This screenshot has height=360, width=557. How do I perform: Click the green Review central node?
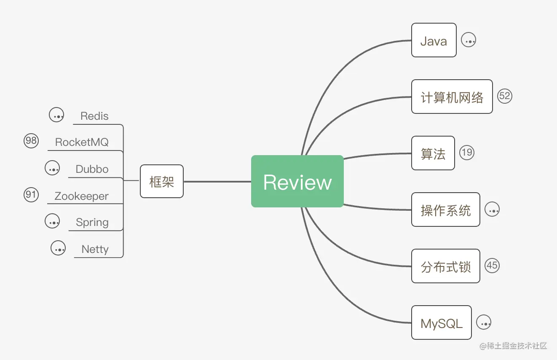point(297,181)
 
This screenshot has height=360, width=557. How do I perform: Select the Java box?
point(434,40)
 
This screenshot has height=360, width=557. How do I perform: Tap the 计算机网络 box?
point(452,97)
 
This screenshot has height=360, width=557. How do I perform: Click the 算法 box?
point(433,153)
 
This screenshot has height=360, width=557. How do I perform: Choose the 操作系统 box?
point(446,210)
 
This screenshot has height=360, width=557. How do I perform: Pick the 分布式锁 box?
point(446,266)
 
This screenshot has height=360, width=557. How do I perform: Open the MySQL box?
point(442,322)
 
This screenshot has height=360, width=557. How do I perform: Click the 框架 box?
point(162,181)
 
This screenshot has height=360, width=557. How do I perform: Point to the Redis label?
point(94,116)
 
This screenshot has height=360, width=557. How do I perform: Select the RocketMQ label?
point(82,142)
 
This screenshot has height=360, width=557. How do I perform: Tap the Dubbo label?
point(92,169)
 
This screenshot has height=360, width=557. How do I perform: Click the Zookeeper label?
point(82,196)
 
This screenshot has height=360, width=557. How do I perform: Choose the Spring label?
point(92,222)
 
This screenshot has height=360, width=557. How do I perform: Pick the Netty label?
point(95,249)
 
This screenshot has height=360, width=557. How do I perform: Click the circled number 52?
point(504,96)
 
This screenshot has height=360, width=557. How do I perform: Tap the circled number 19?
point(467,153)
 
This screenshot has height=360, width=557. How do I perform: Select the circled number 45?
point(492,266)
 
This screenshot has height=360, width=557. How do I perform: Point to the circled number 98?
point(31,140)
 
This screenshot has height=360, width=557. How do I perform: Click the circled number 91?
point(31,195)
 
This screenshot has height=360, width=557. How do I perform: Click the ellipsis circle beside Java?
point(469,40)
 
